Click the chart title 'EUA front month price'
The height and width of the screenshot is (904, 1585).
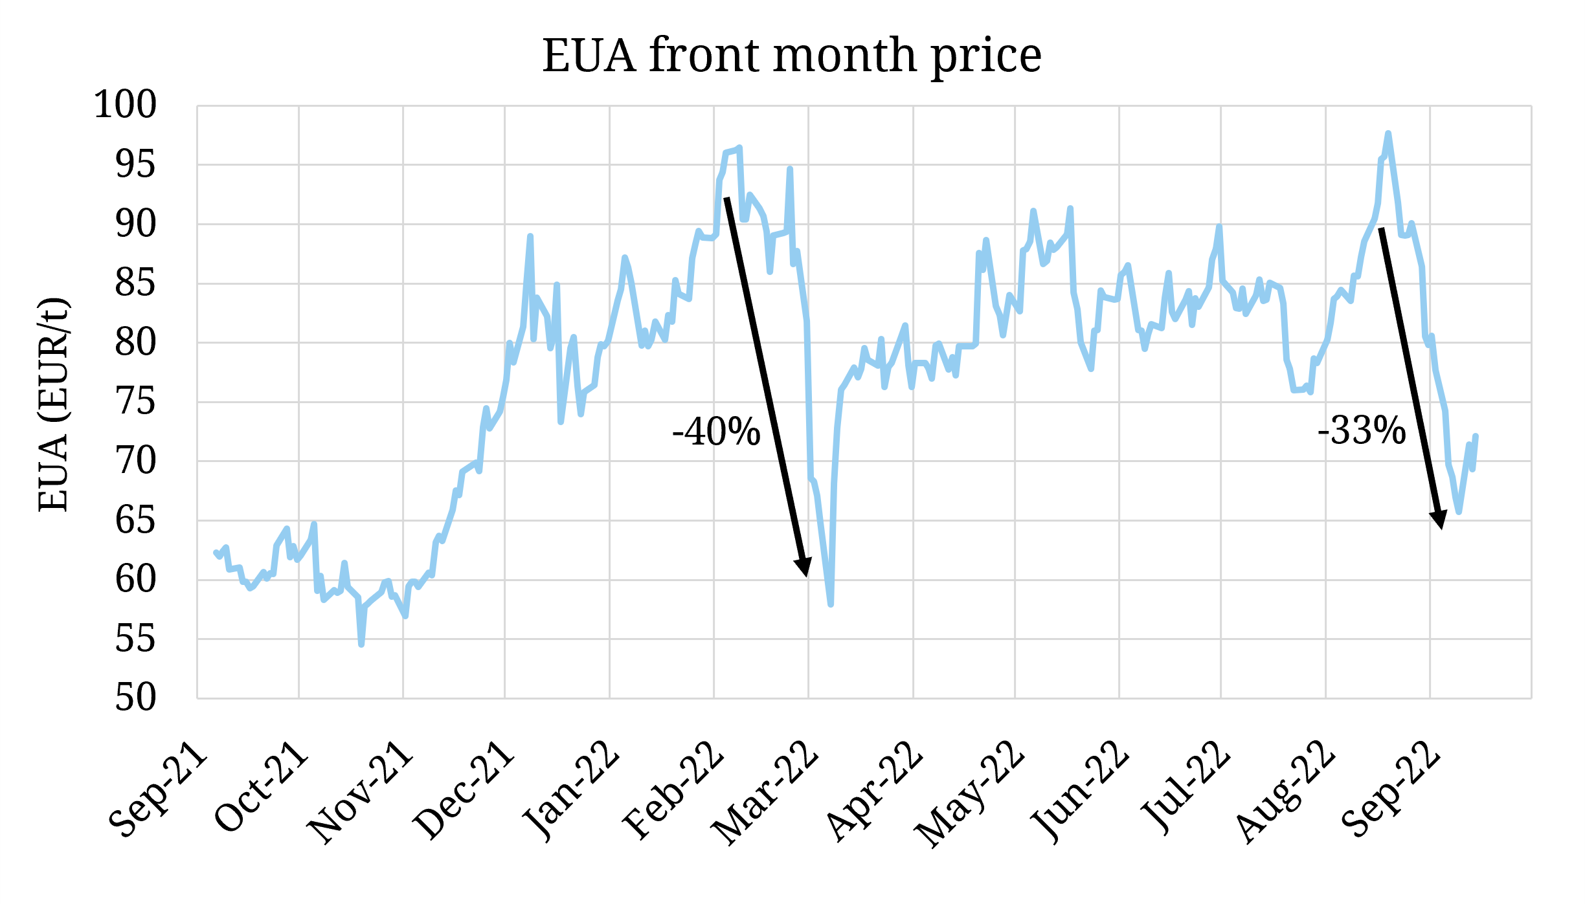tap(791, 56)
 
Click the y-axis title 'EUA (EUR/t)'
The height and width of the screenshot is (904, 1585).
tap(53, 404)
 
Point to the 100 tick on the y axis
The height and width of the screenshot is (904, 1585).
tap(126, 105)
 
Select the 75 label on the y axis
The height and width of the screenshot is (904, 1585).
tap(136, 402)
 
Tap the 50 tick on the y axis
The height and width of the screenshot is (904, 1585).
tap(136, 698)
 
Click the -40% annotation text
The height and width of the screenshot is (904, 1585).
tap(716, 432)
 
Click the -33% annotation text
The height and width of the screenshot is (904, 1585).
tap(1362, 431)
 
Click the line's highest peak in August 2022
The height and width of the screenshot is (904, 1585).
tap(1388, 133)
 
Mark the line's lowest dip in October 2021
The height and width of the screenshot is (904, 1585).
tap(361, 645)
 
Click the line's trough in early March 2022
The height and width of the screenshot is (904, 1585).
tap(831, 604)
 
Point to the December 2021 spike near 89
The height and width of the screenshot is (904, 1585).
tap(530, 236)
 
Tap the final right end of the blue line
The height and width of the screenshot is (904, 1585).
tap(1476, 436)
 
